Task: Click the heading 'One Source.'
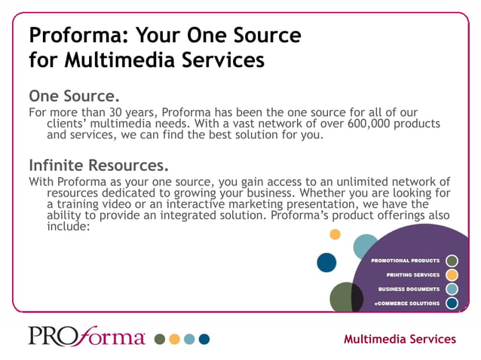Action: coord(75,97)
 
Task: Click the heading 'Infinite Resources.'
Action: coord(98,165)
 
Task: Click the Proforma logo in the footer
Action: coord(87,336)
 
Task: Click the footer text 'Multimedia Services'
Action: coord(400,339)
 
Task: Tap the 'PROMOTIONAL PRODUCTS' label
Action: coord(406,261)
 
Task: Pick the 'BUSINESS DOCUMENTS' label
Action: coord(409,289)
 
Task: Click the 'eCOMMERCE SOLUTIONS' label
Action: coord(407,304)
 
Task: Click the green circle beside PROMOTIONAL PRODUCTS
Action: coord(452,261)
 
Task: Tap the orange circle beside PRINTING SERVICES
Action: coord(452,275)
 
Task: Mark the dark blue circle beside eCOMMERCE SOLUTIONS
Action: coord(452,304)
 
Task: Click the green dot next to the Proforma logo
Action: coord(160,339)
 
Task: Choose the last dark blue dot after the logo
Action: coord(204,339)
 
